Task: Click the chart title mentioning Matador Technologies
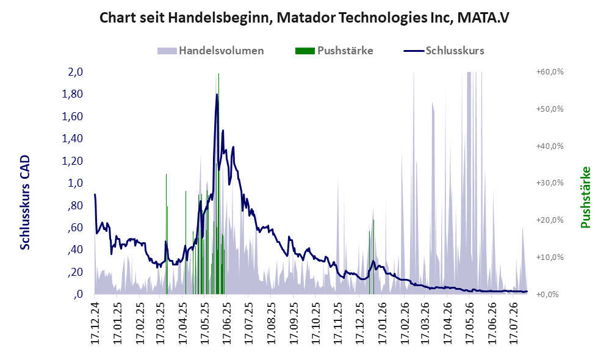coord(304,18)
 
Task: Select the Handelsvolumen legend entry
coord(211,51)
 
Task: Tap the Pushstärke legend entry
coord(334,51)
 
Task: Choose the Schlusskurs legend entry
coord(444,51)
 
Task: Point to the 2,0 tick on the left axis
coord(75,72)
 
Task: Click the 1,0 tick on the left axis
coord(75,183)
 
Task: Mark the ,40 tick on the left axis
coord(75,250)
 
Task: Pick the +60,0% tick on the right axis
coord(550,72)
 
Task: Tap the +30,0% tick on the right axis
coord(550,183)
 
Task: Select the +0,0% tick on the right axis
coord(547,294)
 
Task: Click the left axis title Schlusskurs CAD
coord(25,203)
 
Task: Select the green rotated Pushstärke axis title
coord(585,197)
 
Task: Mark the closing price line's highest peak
coord(217,94)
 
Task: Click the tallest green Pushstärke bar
coord(218,183)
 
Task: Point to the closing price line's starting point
coord(95,194)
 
